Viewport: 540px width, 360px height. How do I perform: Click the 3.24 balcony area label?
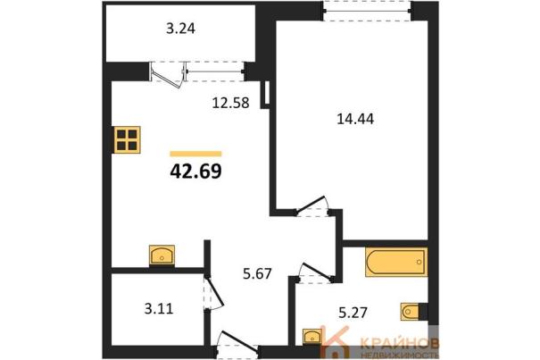180,29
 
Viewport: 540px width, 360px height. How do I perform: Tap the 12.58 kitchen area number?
230,103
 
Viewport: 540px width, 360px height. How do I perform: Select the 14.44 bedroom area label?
355,119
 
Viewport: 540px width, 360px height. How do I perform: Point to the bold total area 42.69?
195,172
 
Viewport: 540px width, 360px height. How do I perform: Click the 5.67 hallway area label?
257,274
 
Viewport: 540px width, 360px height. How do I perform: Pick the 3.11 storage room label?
159,309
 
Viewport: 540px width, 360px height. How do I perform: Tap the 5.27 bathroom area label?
353,313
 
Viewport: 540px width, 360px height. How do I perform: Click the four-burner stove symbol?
127,139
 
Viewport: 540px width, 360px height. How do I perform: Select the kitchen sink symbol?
162,255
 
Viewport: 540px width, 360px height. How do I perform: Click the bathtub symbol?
396,262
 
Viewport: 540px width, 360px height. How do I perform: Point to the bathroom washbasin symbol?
312,336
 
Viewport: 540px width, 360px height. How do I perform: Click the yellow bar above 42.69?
195,154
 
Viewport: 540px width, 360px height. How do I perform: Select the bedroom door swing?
312,205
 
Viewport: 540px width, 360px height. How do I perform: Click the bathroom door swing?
316,272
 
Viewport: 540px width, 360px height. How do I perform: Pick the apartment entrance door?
237,341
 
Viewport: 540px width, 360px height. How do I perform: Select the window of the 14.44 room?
368,11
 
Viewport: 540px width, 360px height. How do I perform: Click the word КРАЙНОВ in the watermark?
399,343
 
